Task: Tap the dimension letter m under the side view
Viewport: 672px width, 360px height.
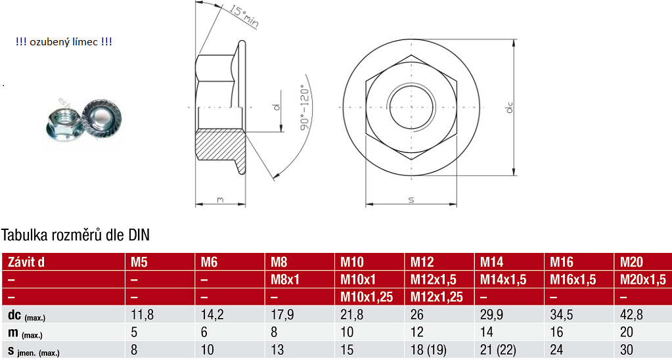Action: point(220,200)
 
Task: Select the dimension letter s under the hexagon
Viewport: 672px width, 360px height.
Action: point(411,199)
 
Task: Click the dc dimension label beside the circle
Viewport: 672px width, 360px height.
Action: point(510,107)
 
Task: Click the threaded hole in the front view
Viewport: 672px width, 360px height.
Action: point(411,107)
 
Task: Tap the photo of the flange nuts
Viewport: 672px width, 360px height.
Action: point(85,119)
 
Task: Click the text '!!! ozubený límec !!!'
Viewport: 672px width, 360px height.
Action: point(64,42)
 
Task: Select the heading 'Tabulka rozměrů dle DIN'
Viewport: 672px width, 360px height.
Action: point(76,235)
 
